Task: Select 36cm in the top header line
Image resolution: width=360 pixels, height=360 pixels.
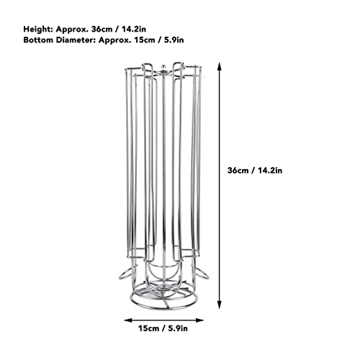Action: click(x=102, y=30)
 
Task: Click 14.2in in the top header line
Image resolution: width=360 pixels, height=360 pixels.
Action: click(x=134, y=30)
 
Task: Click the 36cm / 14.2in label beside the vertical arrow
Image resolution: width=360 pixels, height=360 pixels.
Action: click(x=255, y=171)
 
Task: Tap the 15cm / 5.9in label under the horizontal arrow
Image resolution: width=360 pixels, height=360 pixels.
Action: click(x=163, y=328)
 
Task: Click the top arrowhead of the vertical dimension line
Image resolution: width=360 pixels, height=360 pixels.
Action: click(x=219, y=66)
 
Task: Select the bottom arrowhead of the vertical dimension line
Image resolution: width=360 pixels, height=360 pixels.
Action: click(x=219, y=305)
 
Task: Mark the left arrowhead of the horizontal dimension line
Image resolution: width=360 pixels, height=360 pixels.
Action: click(x=128, y=320)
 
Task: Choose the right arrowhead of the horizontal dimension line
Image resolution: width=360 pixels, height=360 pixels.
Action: click(x=199, y=320)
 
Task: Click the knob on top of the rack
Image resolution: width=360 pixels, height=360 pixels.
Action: click(x=163, y=67)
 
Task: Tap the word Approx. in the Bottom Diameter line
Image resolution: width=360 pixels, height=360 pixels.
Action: click(x=114, y=40)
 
